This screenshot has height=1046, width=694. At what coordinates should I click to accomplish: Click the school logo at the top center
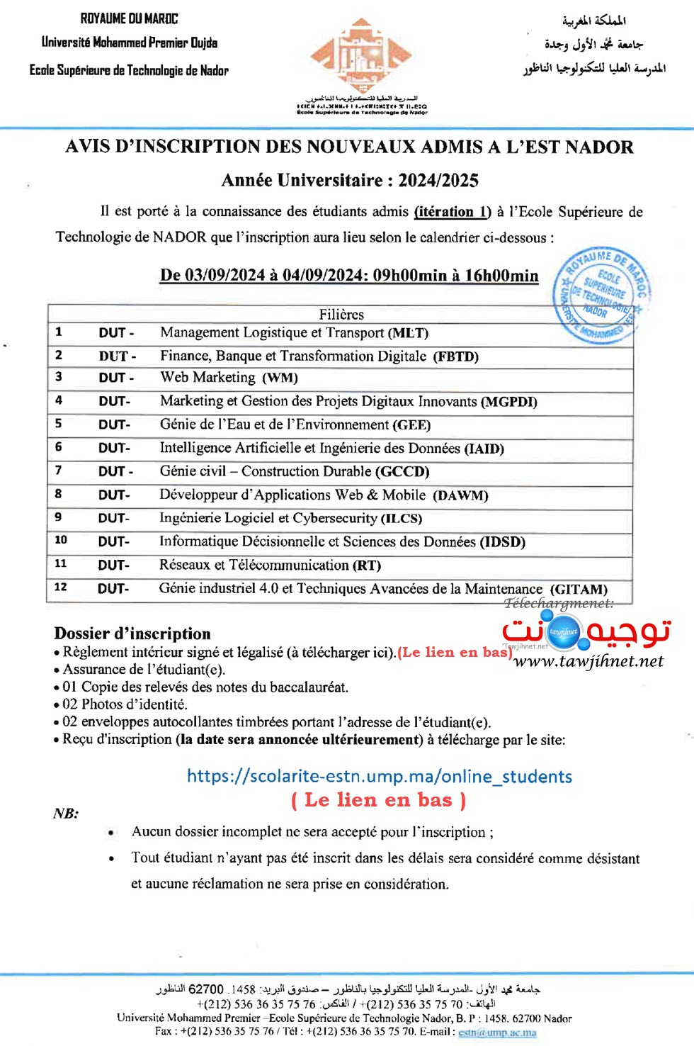tap(361, 57)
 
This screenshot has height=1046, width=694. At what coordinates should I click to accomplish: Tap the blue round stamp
tap(601, 296)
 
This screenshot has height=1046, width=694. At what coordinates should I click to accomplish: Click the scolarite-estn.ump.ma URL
tap(379, 776)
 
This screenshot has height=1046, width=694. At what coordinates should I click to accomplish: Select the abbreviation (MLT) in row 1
tap(409, 333)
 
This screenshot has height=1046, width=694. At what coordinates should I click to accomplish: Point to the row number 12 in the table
tap(61, 587)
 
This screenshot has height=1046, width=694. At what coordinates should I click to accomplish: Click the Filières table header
tap(341, 314)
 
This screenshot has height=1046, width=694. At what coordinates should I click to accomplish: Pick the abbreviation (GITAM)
tap(579, 589)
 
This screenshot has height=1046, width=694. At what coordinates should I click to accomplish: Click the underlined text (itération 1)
tap(452, 212)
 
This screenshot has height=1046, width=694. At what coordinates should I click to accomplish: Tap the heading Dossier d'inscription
tap(132, 634)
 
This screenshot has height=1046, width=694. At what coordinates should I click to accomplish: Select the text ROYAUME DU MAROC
tap(129, 19)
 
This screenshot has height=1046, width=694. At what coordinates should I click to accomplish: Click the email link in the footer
tap(497, 1032)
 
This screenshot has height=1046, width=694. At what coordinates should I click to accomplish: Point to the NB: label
tap(66, 814)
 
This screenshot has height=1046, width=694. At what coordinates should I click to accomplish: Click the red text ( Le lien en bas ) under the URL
tap(378, 800)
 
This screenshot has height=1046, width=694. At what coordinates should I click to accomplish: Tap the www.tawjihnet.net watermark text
tap(588, 662)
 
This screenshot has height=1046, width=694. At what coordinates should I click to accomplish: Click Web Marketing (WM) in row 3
tap(229, 378)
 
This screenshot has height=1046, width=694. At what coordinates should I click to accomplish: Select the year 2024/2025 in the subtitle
tap(438, 181)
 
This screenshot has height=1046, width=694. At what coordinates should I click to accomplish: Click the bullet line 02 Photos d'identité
tap(125, 704)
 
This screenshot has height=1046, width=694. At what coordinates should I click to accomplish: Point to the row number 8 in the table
tap(58, 494)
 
